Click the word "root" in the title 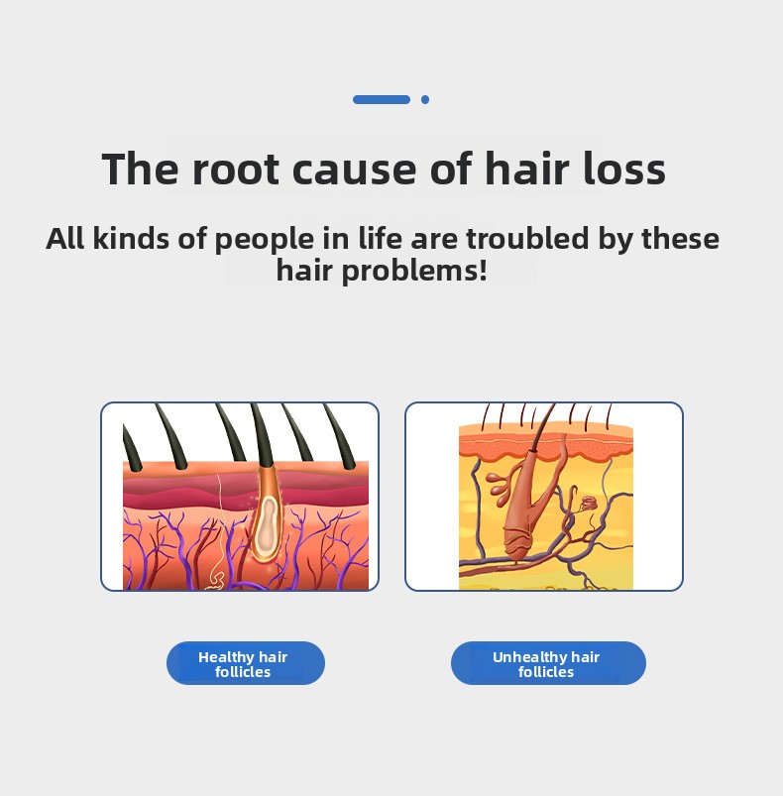(x=236, y=170)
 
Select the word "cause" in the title (x=355, y=171)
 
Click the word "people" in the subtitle (x=265, y=240)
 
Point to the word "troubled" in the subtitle (x=527, y=238)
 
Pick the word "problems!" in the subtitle (x=414, y=271)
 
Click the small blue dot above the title (x=425, y=99)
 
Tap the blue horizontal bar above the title (x=382, y=99)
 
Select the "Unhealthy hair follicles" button (x=548, y=663)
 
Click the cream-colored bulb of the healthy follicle (x=266, y=527)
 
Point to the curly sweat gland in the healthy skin (x=217, y=579)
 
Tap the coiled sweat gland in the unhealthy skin (x=589, y=504)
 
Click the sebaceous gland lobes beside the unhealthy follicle (x=501, y=488)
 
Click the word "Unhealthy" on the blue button (x=529, y=657)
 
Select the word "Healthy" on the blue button (x=226, y=657)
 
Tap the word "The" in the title (x=140, y=169)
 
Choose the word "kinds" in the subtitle (x=131, y=239)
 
